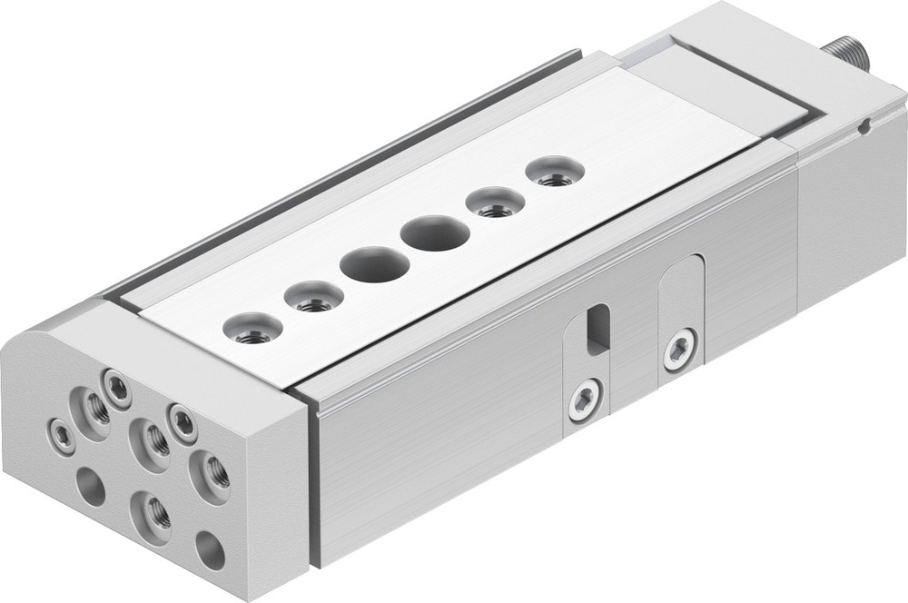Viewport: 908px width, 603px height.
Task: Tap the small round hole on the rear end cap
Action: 866,126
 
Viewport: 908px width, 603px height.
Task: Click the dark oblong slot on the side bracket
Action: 597,329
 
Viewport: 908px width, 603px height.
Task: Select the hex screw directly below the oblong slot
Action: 586,400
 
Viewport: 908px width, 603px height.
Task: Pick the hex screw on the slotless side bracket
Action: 679,349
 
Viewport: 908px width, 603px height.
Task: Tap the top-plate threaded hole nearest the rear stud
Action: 555,173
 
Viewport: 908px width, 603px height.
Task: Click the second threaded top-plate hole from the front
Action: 313,297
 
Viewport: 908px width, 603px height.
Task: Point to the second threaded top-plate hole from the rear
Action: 496,203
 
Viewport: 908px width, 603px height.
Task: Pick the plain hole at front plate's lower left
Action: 91,486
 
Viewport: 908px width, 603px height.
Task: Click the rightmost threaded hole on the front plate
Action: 210,474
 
